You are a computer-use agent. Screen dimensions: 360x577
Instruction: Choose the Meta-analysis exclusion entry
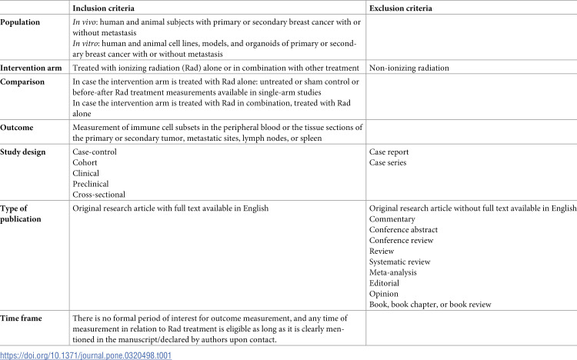[x=397, y=272]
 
